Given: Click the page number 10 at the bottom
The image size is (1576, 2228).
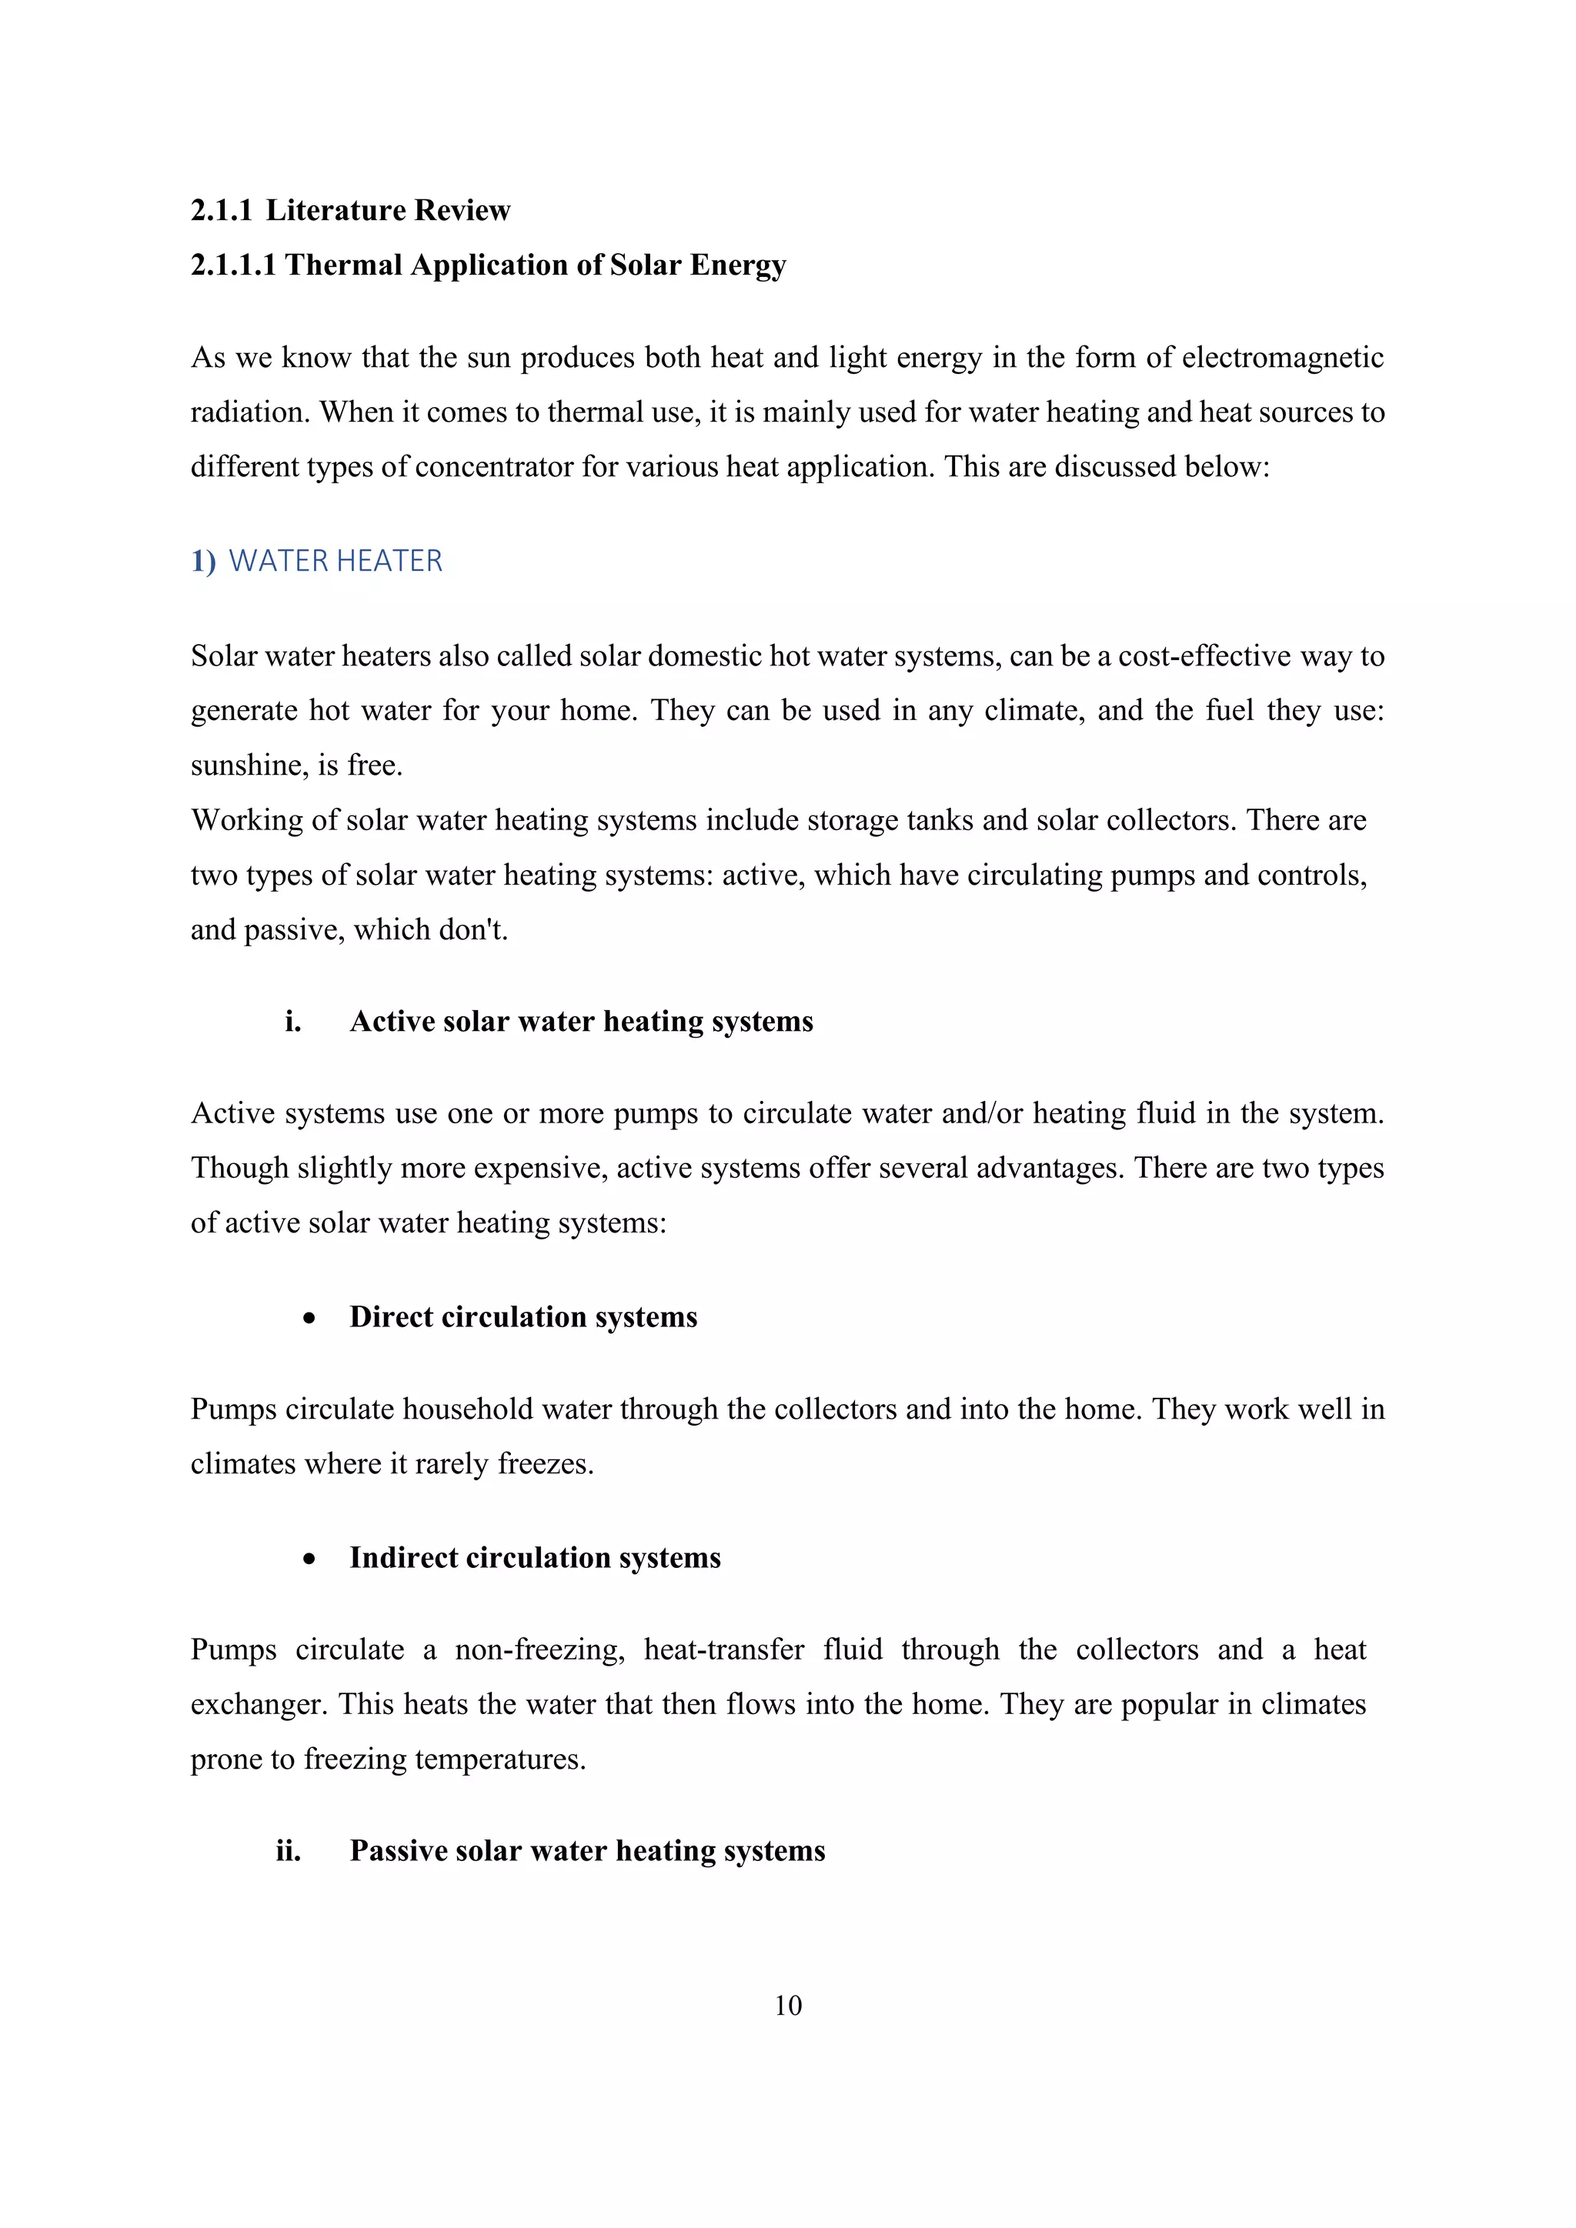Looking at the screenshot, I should (x=788, y=2005).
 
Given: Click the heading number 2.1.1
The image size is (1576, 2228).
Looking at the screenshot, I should (x=222, y=211).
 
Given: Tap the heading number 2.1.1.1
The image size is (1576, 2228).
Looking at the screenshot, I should (x=233, y=265).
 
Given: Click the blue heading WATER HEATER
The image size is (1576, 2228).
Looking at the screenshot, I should (x=335, y=561).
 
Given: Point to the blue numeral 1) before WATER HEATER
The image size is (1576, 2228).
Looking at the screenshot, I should (x=203, y=561).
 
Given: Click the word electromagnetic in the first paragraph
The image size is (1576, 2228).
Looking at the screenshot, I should (x=1282, y=358).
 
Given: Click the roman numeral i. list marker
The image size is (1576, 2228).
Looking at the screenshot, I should (x=292, y=1022).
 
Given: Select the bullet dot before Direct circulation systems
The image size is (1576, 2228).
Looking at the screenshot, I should (x=309, y=1318).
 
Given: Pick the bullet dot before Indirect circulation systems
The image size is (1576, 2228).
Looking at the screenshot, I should (x=309, y=1559).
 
